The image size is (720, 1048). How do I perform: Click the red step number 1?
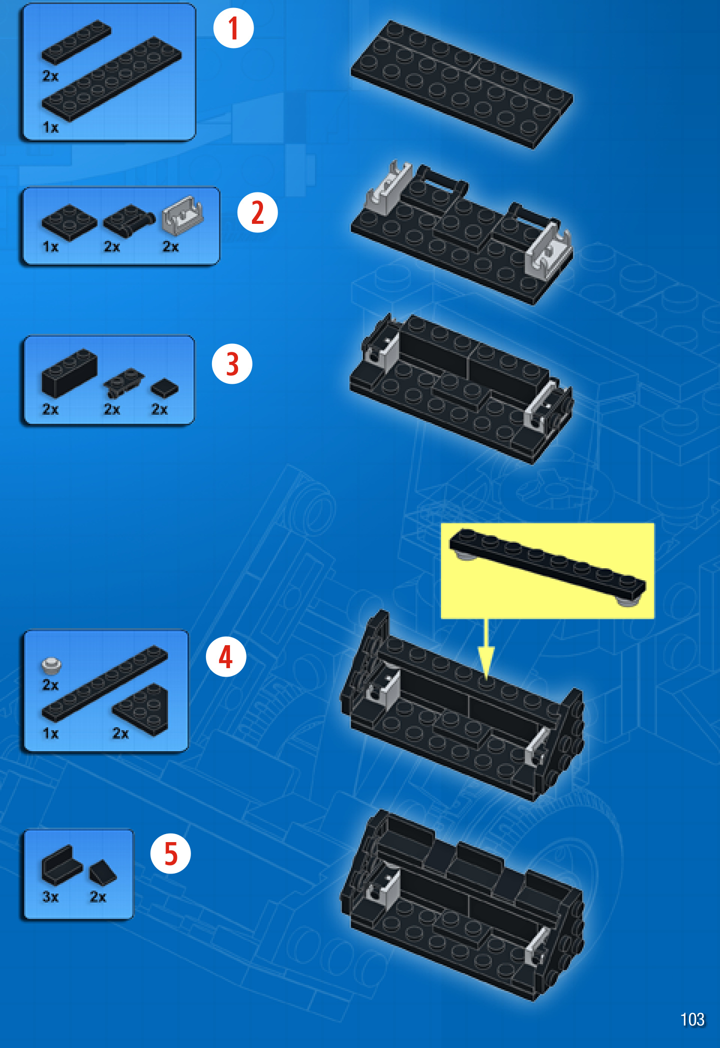coord(233,28)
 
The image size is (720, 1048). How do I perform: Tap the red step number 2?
coord(257,212)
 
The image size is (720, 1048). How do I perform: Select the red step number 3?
coord(232,364)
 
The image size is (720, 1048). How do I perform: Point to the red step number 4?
coord(226,657)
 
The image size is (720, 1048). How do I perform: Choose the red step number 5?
coord(171,854)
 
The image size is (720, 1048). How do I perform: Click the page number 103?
coord(692,1020)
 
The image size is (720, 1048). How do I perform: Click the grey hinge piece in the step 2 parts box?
coord(182,215)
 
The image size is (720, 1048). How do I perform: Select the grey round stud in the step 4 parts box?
coord(51,665)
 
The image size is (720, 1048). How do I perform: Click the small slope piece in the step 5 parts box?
coord(102,872)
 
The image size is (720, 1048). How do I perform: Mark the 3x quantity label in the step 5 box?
coord(50,897)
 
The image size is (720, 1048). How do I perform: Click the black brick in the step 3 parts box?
coord(69,372)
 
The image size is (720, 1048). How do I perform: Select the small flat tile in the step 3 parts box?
coord(164,388)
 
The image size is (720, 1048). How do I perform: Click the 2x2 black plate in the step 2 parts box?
coord(69,222)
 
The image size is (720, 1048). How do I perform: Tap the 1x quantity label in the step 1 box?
coord(50,127)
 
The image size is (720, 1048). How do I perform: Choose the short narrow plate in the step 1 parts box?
coord(76,42)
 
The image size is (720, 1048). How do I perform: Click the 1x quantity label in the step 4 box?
coord(50,733)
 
